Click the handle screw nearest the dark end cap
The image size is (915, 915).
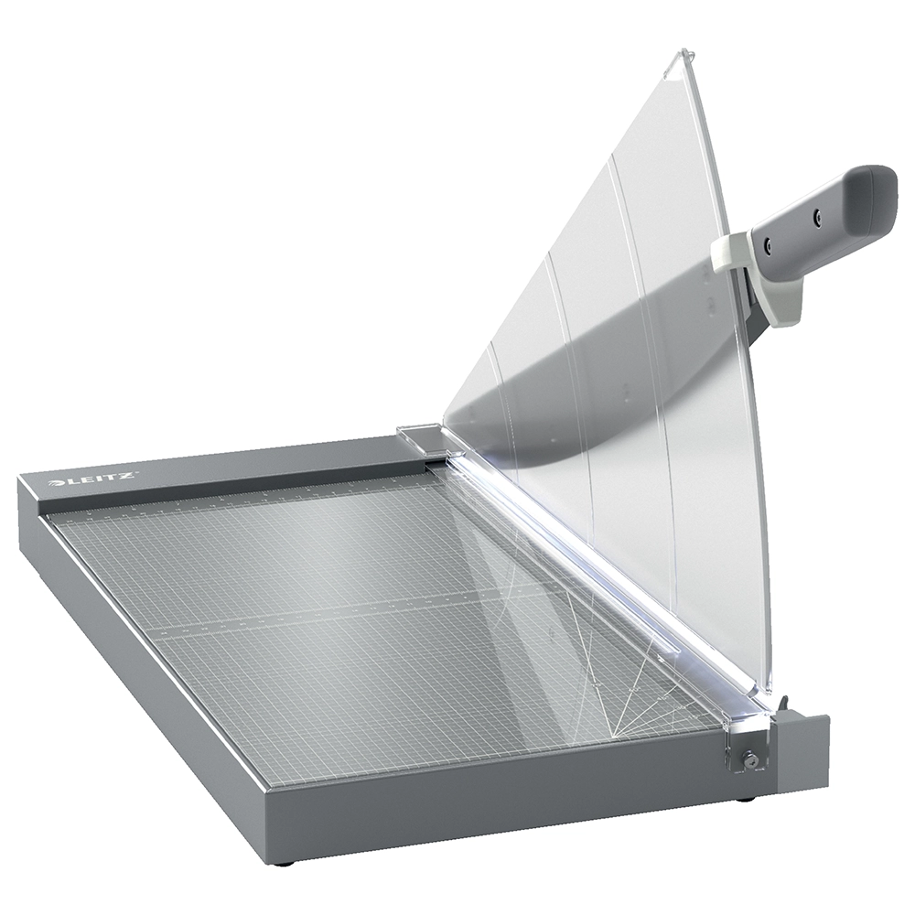pyautogui.click(x=818, y=216)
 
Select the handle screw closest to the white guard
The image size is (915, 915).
pyautogui.click(x=769, y=243)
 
